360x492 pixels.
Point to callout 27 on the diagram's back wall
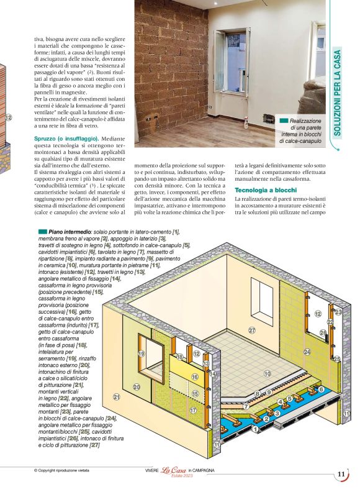pyautogui.click(x=252, y=329)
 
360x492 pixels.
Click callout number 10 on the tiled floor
pyautogui.click(x=268, y=374)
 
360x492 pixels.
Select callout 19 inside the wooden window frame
pyautogui.click(x=142, y=353)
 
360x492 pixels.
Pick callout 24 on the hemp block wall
pyautogui.click(x=306, y=352)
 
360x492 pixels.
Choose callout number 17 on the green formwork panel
pyautogui.click(x=193, y=411)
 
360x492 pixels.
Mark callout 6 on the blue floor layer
pyautogui.click(x=321, y=389)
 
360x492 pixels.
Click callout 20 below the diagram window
pyautogui.click(x=137, y=386)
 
